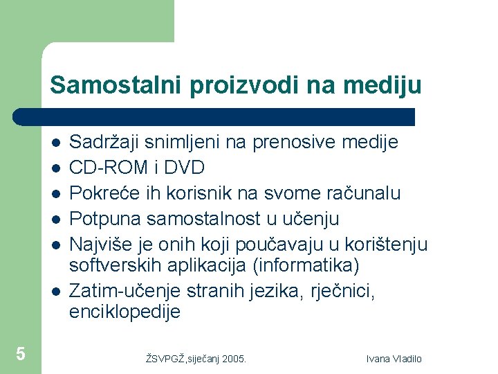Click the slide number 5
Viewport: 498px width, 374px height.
[21, 355]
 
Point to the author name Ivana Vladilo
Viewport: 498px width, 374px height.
[394, 359]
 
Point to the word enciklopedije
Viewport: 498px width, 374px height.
[124, 312]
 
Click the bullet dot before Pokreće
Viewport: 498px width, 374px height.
[55, 194]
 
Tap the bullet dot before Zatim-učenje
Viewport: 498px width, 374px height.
[55, 292]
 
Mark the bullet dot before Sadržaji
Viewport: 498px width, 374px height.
[55, 143]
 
